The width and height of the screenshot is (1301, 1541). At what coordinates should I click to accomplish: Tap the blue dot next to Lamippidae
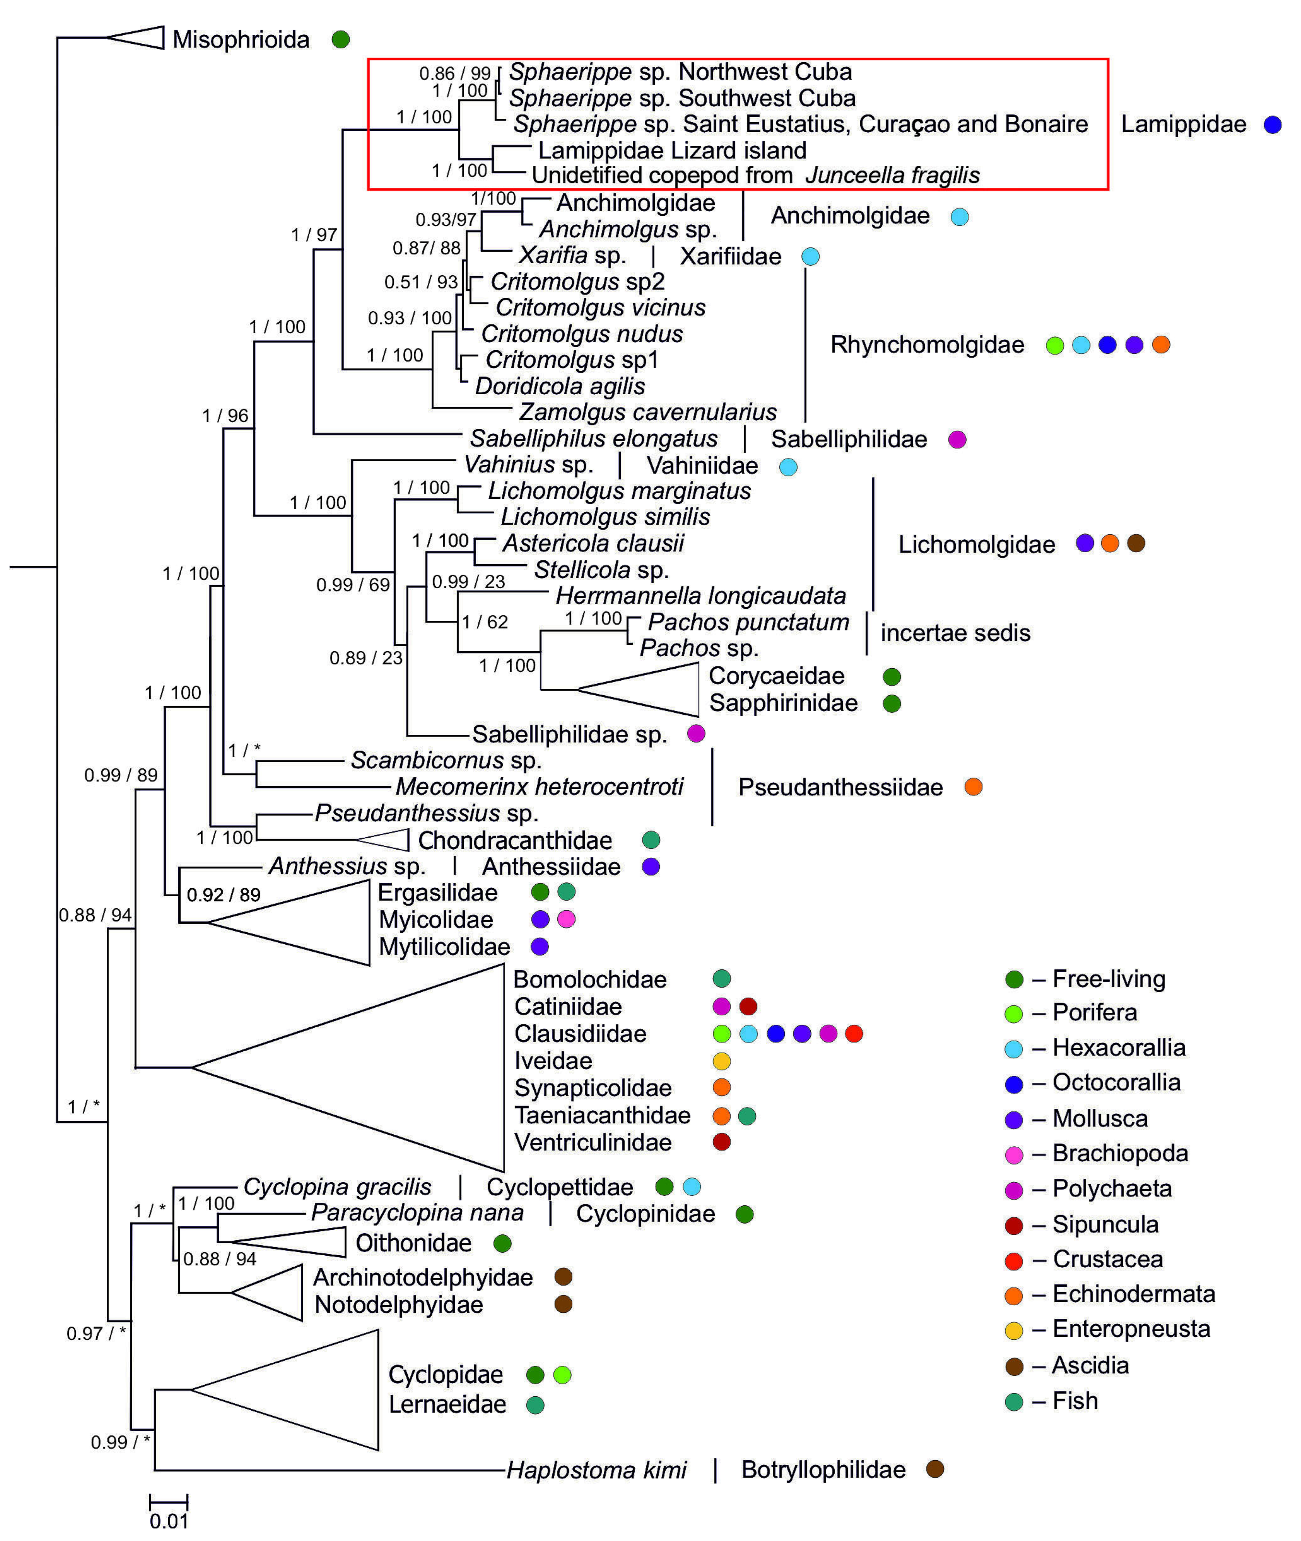pyautogui.click(x=1272, y=125)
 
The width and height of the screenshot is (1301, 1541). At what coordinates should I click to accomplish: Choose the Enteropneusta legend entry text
pyautogui.click(x=1131, y=1329)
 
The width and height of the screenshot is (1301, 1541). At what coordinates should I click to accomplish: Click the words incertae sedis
pyautogui.click(x=955, y=633)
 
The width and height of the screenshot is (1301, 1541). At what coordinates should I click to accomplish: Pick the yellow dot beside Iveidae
pyautogui.click(x=721, y=1061)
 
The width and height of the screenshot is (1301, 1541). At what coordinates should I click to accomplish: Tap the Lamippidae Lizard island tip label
pyautogui.click(x=672, y=150)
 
